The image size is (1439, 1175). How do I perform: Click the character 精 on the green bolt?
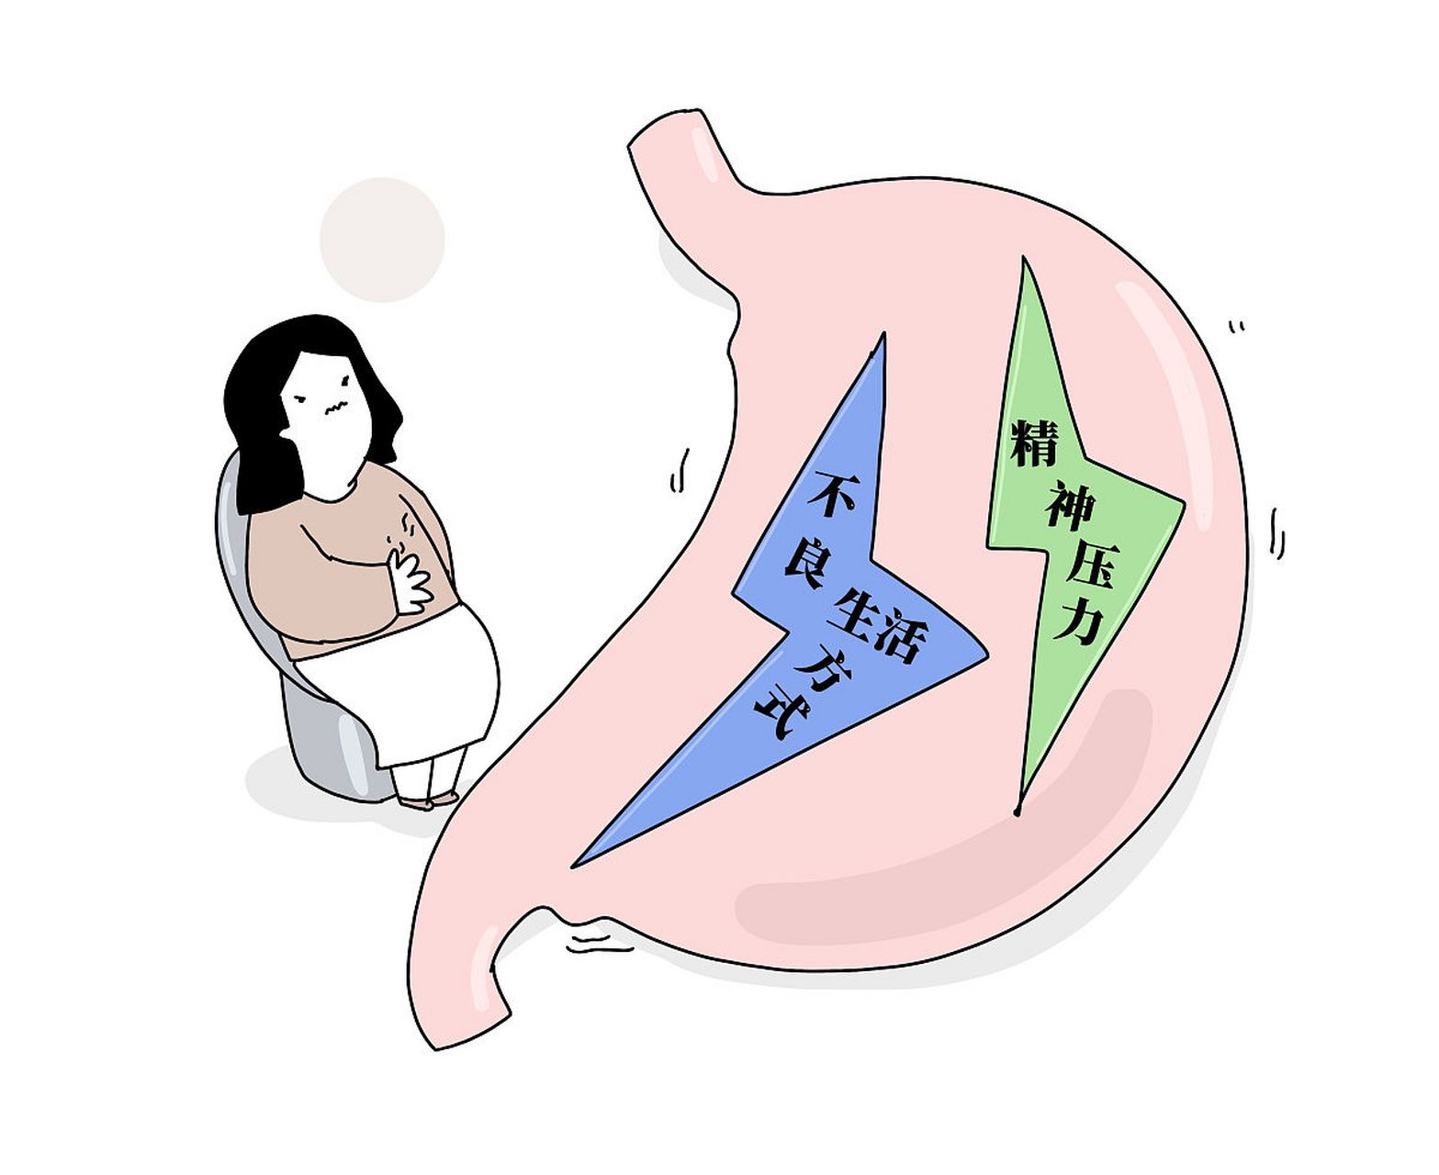pos(1034,443)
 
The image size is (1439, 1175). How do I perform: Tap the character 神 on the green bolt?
pos(1070,505)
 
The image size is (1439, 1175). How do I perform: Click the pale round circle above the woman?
pos(382,240)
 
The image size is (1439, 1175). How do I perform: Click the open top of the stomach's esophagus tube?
pos(663,129)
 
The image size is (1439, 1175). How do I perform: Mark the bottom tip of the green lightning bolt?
pos(1017,813)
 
